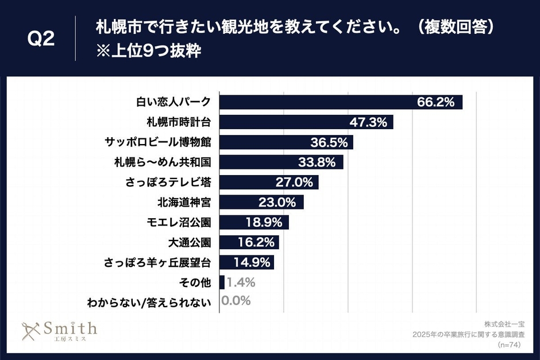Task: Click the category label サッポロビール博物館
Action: [x=158, y=142]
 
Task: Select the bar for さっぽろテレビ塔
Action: [x=268, y=183]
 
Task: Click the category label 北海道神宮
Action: [x=184, y=203]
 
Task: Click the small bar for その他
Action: [x=222, y=282]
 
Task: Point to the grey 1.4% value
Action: [x=241, y=282]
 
